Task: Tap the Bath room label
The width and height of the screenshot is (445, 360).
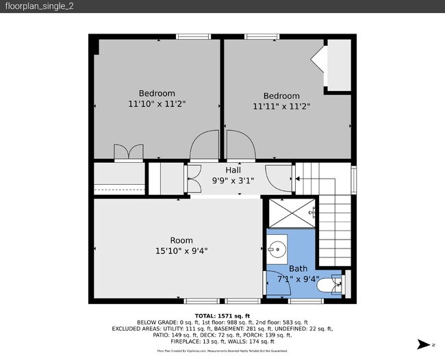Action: pyautogui.click(x=298, y=269)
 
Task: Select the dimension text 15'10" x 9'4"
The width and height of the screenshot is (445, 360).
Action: pyautogui.click(x=181, y=251)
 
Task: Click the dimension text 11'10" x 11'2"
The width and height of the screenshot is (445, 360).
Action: pyautogui.click(x=157, y=104)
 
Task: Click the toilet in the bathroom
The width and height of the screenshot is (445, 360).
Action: pyautogui.click(x=333, y=282)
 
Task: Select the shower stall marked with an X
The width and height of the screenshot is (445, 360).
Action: pyautogui.click(x=292, y=212)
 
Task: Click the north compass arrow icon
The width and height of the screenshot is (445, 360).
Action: pyautogui.click(x=422, y=344)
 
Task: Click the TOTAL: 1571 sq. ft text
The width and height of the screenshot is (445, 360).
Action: pyautogui.click(x=222, y=316)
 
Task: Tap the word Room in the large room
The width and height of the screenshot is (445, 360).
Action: pyautogui.click(x=181, y=240)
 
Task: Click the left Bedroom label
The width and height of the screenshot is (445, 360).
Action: pyautogui.click(x=157, y=93)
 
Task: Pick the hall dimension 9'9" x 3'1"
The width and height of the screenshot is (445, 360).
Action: pyautogui.click(x=233, y=181)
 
